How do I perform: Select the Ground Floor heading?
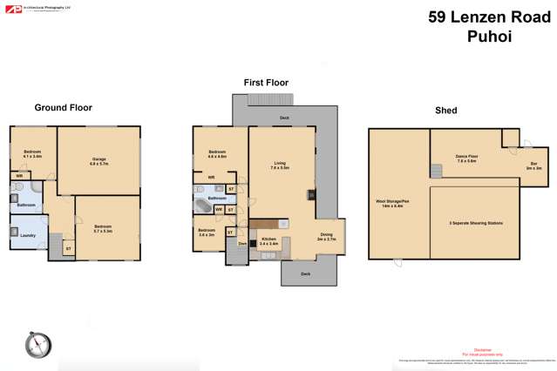[63, 108]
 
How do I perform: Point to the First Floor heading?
[266, 83]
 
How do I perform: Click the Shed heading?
[445, 111]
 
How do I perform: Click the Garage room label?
[98, 160]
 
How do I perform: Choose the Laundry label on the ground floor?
[27, 234]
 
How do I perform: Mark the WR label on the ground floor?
[18, 175]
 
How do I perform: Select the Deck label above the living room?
[284, 117]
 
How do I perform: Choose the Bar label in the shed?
[533, 165]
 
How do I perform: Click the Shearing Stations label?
[476, 223]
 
